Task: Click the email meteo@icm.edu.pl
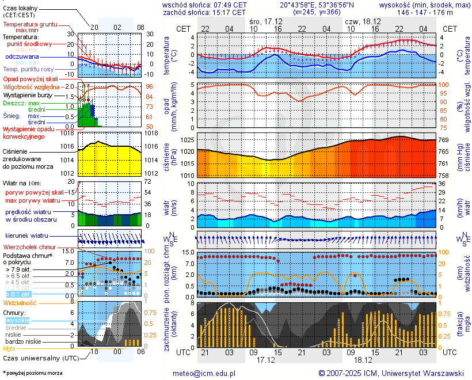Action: pyautogui.click(x=204, y=373)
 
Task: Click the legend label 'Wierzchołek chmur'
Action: pyautogui.click(x=29, y=247)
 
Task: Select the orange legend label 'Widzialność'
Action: pyautogui.click(x=20, y=302)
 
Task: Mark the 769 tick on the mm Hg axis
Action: pyautogui.click(x=444, y=140)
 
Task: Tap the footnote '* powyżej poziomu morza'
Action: pyautogui.click(x=32, y=373)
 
